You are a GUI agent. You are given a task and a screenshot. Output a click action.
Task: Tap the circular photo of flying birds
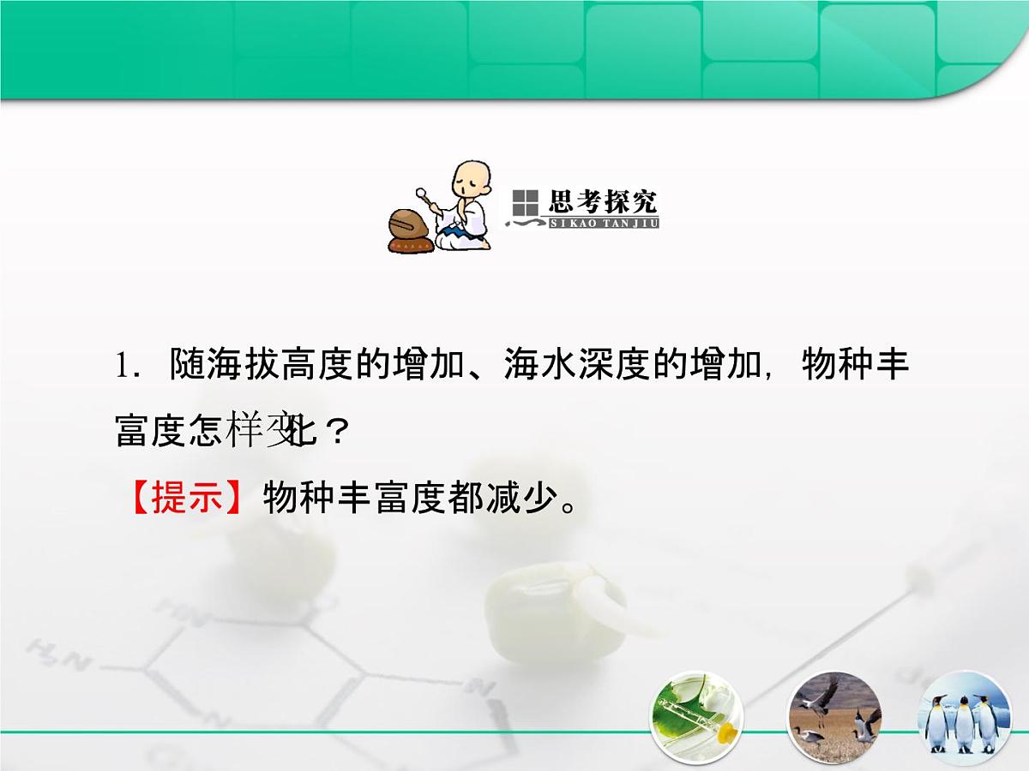pyautogui.click(x=834, y=718)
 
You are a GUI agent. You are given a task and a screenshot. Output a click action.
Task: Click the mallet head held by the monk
pyautogui.click(x=422, y=192)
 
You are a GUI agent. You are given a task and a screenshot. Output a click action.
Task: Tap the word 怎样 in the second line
pyautogui.click(x=225, y=432)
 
